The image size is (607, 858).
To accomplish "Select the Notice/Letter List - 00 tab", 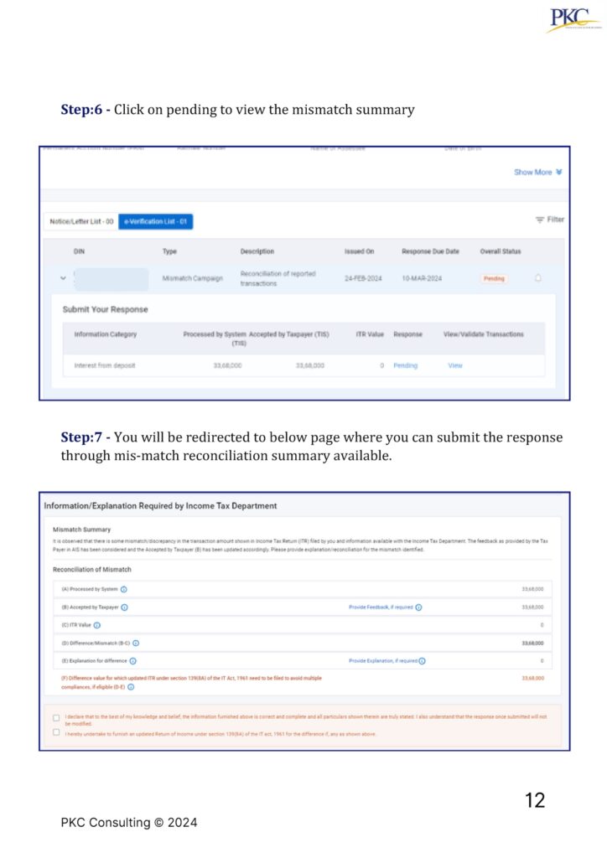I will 80,220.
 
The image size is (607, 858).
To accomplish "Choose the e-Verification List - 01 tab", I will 156,220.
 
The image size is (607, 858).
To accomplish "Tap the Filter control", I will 550,220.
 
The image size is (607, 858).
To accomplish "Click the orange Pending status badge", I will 494,278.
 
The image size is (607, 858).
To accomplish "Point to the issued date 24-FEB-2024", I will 363,278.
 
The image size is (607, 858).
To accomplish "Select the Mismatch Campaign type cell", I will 193,278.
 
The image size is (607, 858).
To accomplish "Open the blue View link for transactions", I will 454,365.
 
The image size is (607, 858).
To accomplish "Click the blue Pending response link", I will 405,365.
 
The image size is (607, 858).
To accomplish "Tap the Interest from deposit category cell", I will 105,365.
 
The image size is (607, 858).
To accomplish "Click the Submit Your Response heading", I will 105,309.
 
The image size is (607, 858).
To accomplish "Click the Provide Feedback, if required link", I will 381,607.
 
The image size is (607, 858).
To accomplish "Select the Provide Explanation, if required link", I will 383,660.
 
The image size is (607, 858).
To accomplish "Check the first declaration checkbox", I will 56,717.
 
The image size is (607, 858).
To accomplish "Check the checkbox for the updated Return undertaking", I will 56,732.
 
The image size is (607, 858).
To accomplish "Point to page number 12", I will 534,800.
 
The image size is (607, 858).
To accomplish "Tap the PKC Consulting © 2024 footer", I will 129,823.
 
